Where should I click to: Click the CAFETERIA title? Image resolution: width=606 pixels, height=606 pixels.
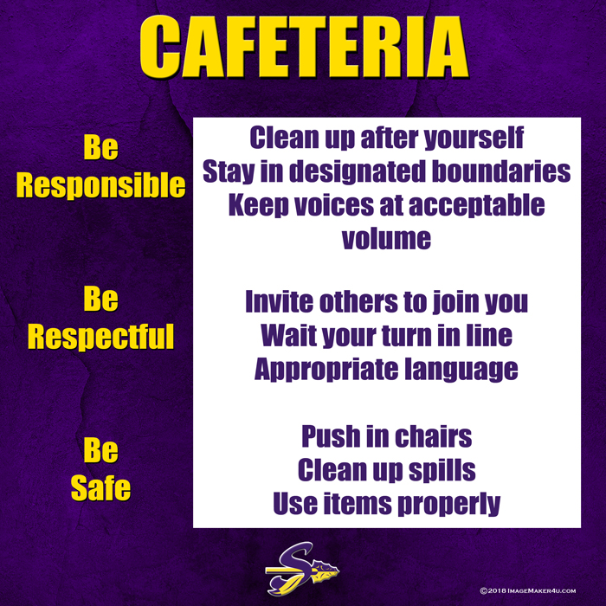(x=304, y=47)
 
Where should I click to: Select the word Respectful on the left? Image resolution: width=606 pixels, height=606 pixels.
(x=101, y=336)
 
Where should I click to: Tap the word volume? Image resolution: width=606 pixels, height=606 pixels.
(x=386, y=238)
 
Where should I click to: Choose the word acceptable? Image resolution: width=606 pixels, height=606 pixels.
(x=476, y=206)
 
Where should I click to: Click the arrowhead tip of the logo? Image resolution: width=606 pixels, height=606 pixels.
(x=338, y=570)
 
